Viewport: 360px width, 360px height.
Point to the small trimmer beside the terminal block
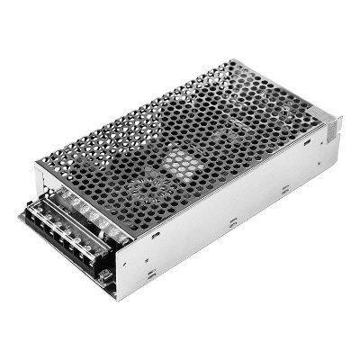point(106,274)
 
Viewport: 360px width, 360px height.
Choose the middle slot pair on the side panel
point(232,221)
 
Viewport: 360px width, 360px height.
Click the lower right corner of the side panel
point(338,166)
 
